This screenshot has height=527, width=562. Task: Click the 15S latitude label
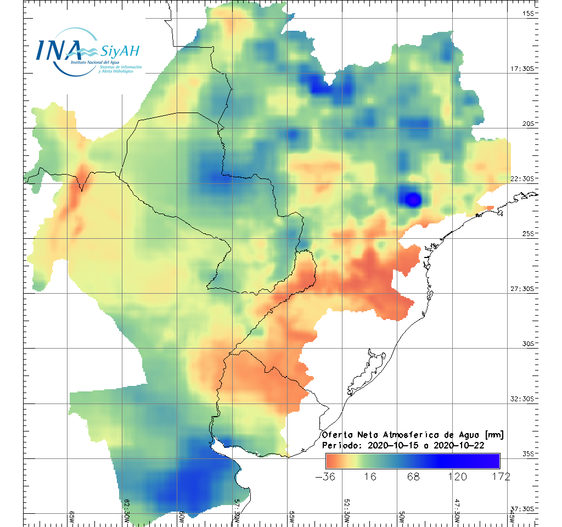(x=530, y=14)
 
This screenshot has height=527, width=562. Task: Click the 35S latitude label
(x=530, y=453)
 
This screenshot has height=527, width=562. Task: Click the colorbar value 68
(x=413, y=476)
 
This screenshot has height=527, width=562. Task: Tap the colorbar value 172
(x=499, y=476)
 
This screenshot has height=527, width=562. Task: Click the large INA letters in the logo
(x=59, y=51)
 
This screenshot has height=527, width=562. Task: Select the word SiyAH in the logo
(x=120, y=52)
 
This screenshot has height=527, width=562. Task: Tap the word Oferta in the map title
(x=336, y=435)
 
